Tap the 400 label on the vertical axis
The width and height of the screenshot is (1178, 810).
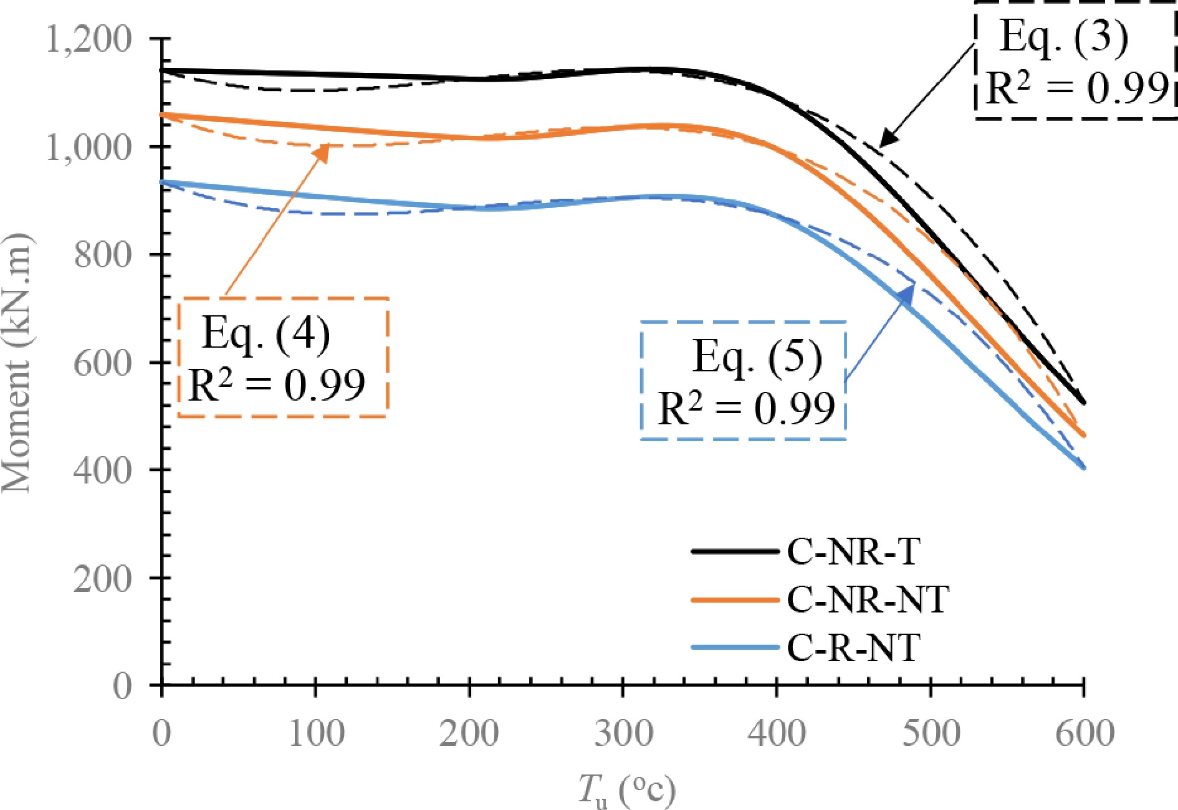click(103, 470)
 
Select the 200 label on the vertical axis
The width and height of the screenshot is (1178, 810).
click(103, 578)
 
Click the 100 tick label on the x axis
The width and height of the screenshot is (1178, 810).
click(316, 733)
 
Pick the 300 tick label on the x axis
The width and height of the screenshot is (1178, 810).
click(623, 733)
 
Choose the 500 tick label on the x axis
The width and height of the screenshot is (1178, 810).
click(931, 733)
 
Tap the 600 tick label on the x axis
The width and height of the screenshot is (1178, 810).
click(1085, 733)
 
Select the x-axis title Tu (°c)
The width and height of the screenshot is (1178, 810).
click(626, 790)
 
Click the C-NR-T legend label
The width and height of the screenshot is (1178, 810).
click(853, 551)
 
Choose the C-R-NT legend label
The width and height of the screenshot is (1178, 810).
click(853, 648)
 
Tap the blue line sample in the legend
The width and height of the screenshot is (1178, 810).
click(735, 647)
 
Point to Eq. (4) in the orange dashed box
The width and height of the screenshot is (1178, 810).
click(266, 334)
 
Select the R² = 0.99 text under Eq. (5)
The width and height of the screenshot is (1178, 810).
click(746, 409)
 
